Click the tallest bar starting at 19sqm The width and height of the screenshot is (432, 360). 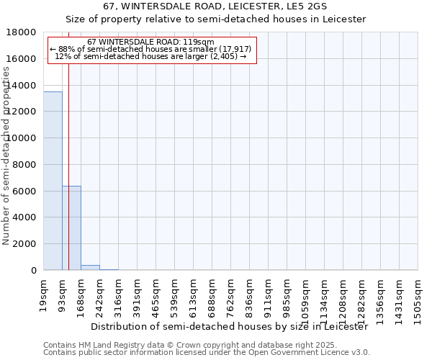coord(53,181)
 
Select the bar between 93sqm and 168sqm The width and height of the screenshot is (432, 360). coord(71,228)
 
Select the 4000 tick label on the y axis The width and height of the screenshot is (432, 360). coord(27,217)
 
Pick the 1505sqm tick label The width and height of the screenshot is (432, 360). coord(418,298)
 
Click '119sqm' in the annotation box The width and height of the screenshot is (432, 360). coord(199,42)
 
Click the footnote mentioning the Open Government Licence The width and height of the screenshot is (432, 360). coord(207,353)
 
